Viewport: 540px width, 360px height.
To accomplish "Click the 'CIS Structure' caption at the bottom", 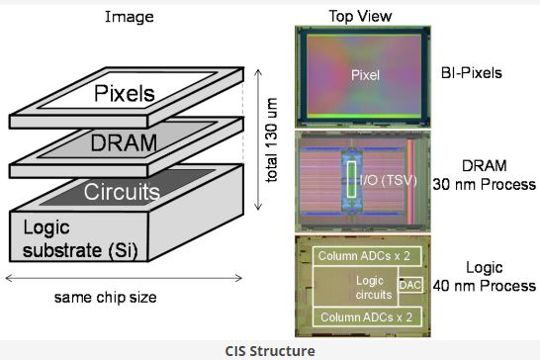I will point(270,348).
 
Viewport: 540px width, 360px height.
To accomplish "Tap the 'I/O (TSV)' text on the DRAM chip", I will point(377,179).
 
